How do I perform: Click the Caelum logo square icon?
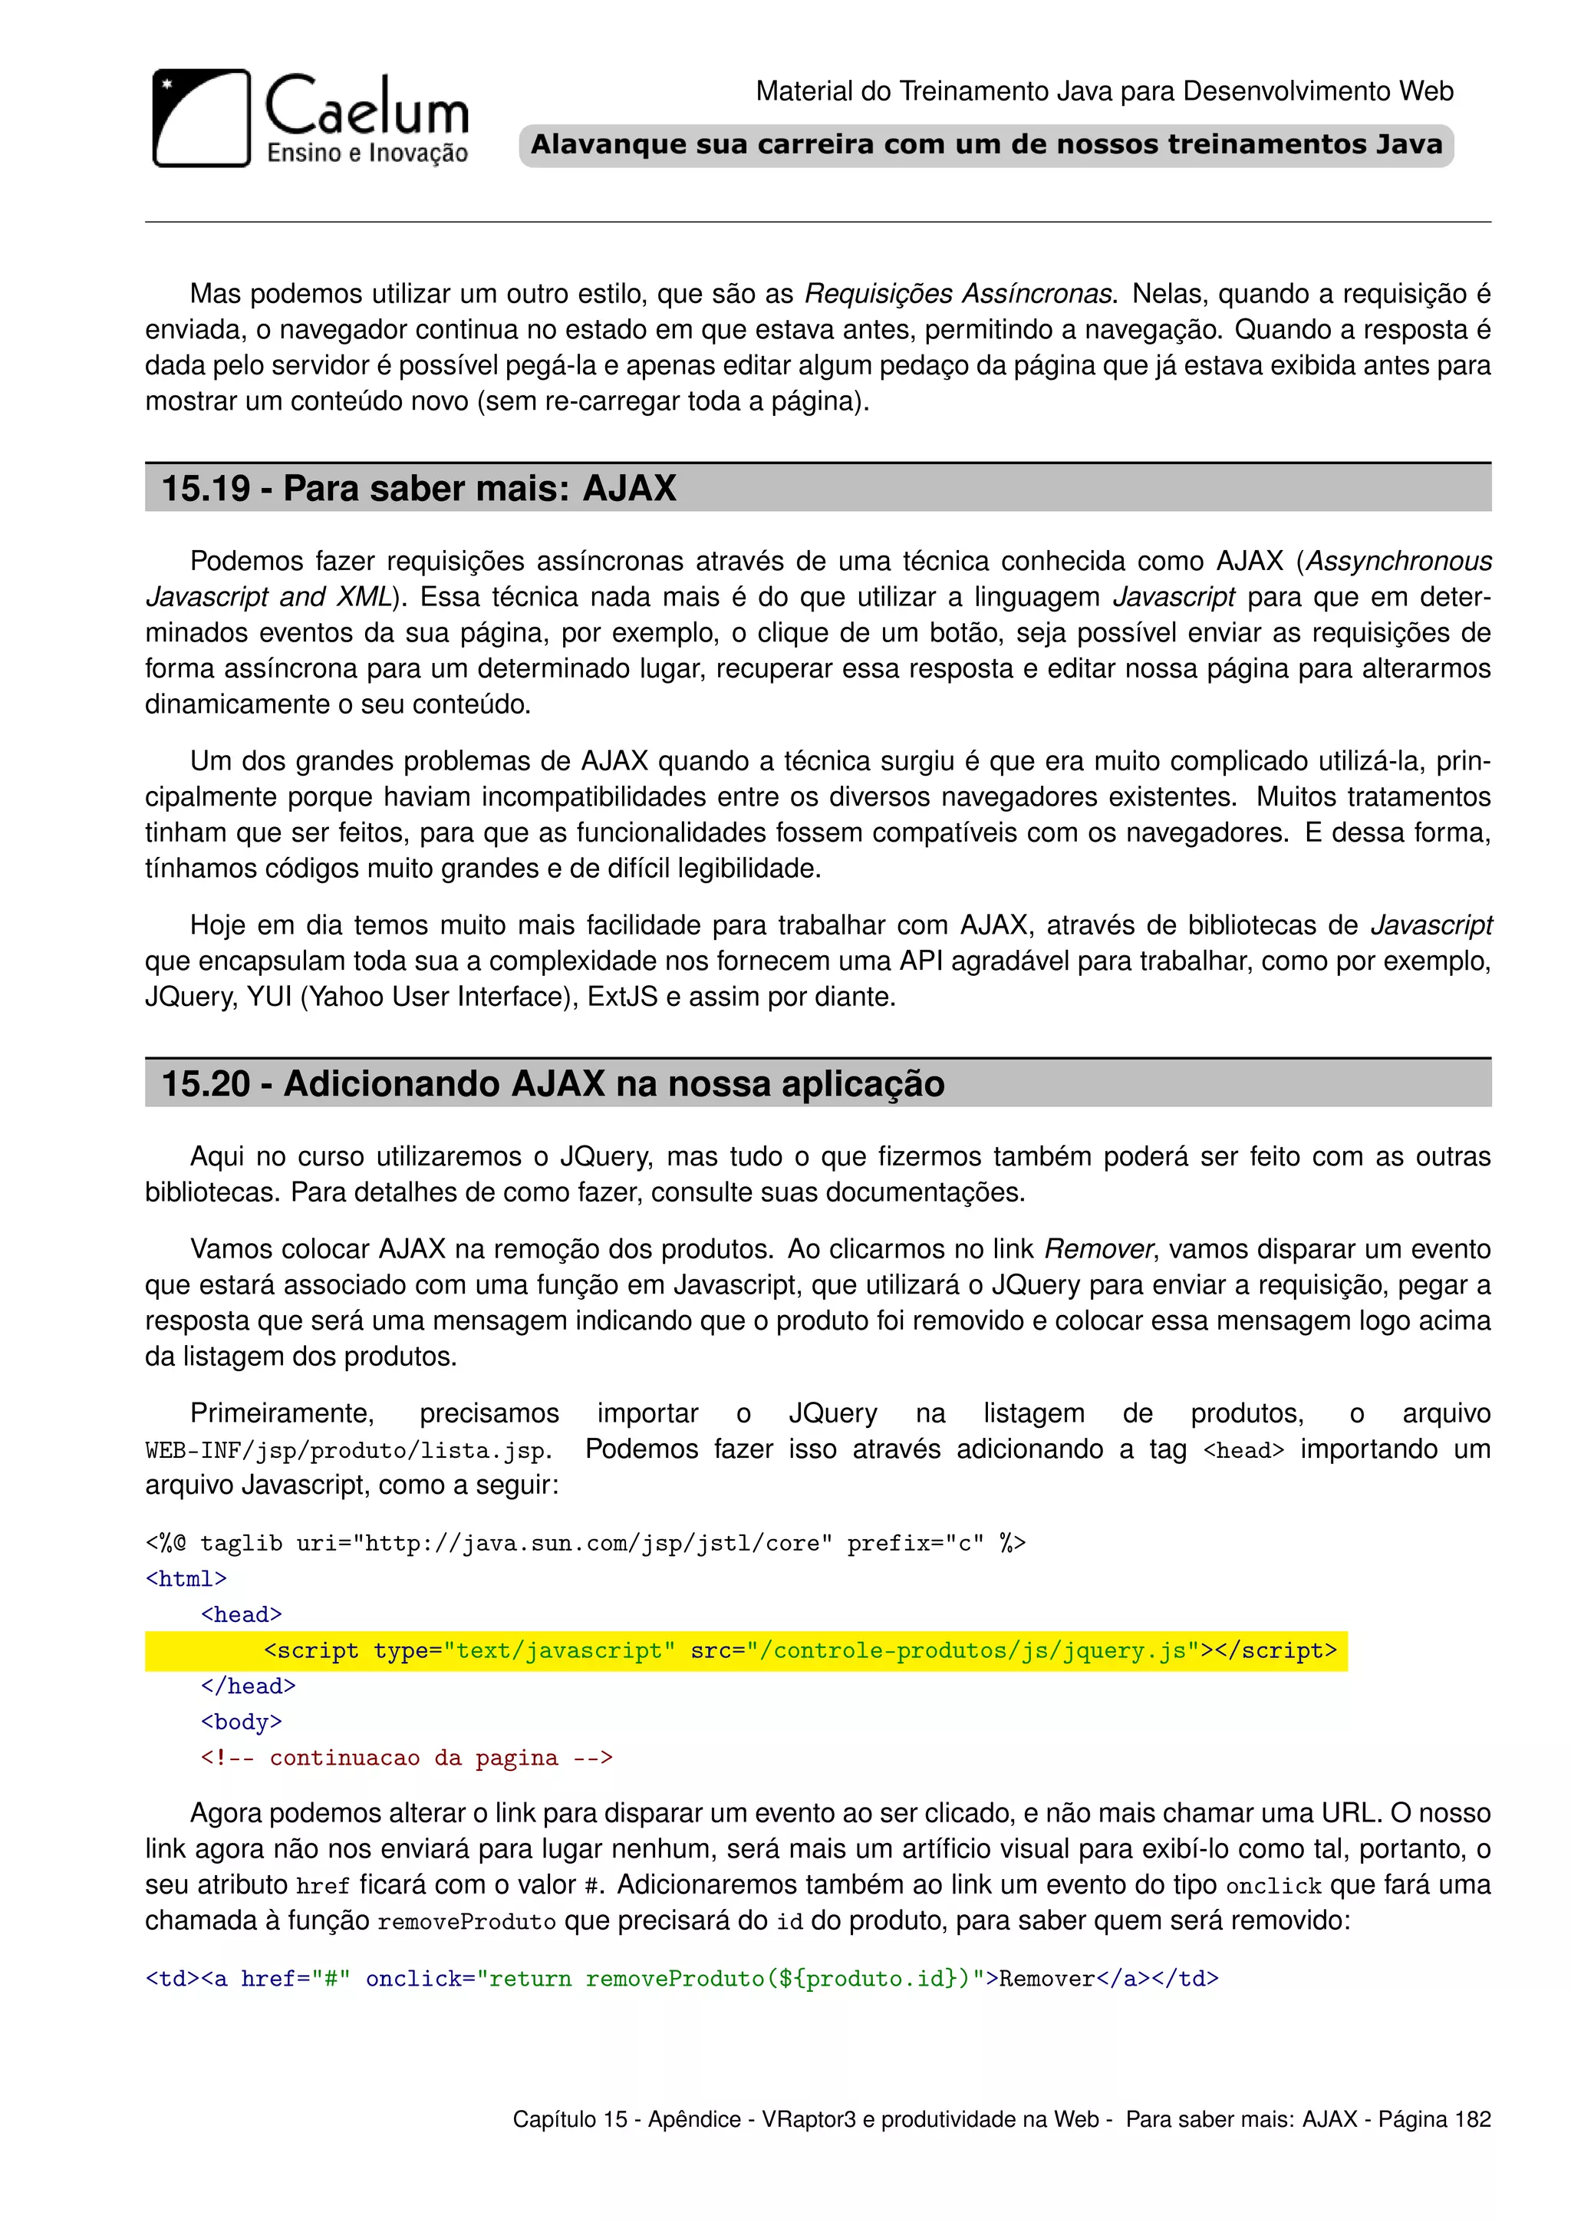(x=201, y=118)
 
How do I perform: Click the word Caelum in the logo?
(x=367, y=107)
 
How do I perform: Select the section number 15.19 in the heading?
(x=205, y=489)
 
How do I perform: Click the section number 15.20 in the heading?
(x=205, y=1084)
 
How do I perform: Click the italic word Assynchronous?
(x=1399, y=562)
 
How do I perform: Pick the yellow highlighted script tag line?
(x=745, y=1651)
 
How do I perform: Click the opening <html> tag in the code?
(x=186, y=1579)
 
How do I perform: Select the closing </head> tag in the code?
(x=248, y=1686)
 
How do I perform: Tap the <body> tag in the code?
(x=241, y=1723)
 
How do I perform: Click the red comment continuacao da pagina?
(x=407, y=1759)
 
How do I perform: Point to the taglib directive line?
(x=585, y=1544)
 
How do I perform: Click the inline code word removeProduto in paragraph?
(x=466, y=1922)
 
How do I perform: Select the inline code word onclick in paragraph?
(x=1273, y=1886)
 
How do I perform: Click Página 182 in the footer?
(x=1434, y=2119)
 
